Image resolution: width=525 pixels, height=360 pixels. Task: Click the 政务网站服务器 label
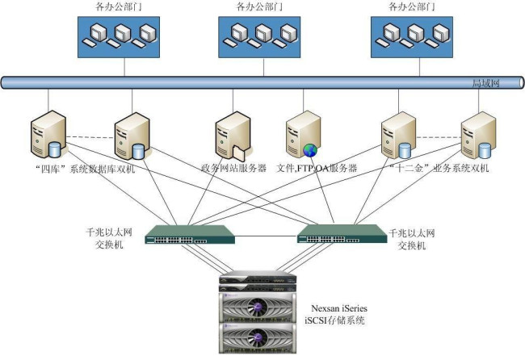point(234,168)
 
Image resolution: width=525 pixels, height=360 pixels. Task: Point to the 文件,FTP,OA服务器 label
point(317,168)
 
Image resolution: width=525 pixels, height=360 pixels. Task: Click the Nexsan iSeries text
point(341,308)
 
